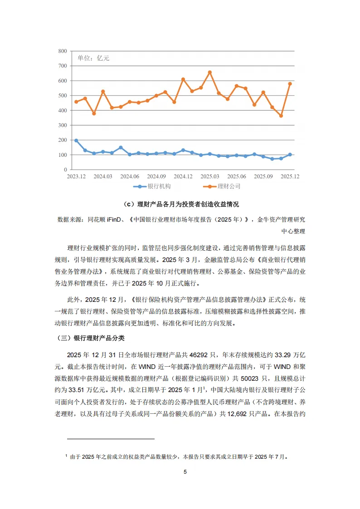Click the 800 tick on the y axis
(62, 51)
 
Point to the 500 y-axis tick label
(62, 96)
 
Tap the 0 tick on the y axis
(65, 170)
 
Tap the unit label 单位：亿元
(93, 58)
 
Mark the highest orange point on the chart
(209, 72)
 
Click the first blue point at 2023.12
(76, 141)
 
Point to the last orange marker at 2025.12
(290, 84)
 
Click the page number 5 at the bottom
(185, 472)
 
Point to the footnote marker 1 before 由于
(66, 456)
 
